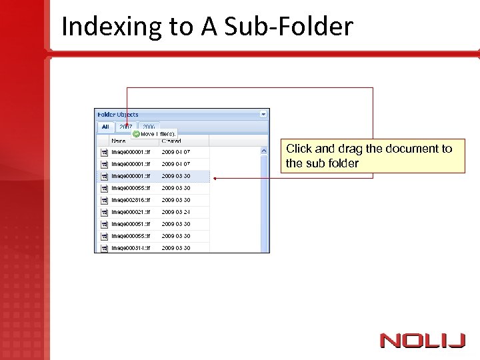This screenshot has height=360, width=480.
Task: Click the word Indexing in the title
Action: [x=101, y=27]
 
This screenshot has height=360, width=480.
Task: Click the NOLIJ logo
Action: [x=422, y=341]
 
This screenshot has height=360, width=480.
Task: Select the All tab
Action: [x=105, y=127]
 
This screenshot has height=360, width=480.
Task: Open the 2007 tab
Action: [x=125, y=127]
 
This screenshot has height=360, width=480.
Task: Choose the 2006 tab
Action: [x=148, y=127]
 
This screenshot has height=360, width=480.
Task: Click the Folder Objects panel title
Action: [x=118, y=115]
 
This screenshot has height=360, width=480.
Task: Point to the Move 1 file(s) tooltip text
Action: [x=158, y=134]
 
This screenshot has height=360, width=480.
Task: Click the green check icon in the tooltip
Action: [x=136, y=134]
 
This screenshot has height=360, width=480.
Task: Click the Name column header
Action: [x=119, y=141]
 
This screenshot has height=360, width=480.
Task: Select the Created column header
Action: [x=171, y=141]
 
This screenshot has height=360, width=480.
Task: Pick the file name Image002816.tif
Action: [x=131, y=200]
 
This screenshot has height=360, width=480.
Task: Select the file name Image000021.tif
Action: [x=131, y=212]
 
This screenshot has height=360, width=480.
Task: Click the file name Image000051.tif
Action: [x=131, y=224]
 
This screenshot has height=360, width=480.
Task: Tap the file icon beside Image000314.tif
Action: [x=104, y=248]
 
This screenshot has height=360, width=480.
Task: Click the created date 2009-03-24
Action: [x=176, y=212]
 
